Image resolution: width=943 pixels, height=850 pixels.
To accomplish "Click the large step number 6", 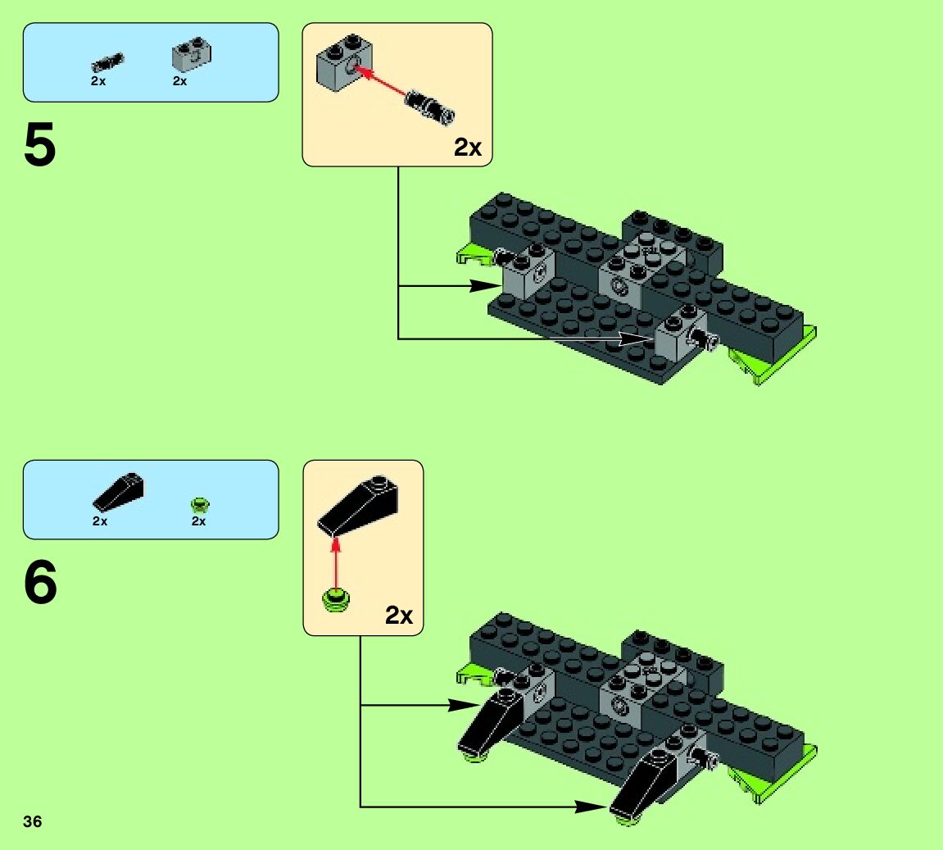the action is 40,584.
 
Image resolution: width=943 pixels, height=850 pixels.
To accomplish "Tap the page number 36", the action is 33,822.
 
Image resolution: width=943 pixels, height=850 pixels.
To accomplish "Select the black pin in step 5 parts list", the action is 107,61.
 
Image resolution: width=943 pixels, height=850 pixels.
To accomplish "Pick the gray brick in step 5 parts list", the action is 191,56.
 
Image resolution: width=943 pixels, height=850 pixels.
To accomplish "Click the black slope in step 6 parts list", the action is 120,492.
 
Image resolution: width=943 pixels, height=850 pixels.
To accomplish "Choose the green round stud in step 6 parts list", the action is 199,504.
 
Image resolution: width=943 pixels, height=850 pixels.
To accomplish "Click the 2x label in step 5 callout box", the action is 468,148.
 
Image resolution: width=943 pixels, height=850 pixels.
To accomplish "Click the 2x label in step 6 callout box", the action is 399,616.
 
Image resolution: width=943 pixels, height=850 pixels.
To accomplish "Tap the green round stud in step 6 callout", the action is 336,600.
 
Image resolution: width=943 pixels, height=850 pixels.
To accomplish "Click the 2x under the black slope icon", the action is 100,521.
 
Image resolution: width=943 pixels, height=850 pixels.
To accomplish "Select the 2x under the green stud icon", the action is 198,521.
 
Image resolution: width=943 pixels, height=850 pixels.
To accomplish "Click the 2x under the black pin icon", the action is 98,82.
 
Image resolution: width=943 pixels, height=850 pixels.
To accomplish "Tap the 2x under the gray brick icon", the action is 179,82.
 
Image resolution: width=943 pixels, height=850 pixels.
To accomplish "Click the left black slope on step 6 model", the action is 489,721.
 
